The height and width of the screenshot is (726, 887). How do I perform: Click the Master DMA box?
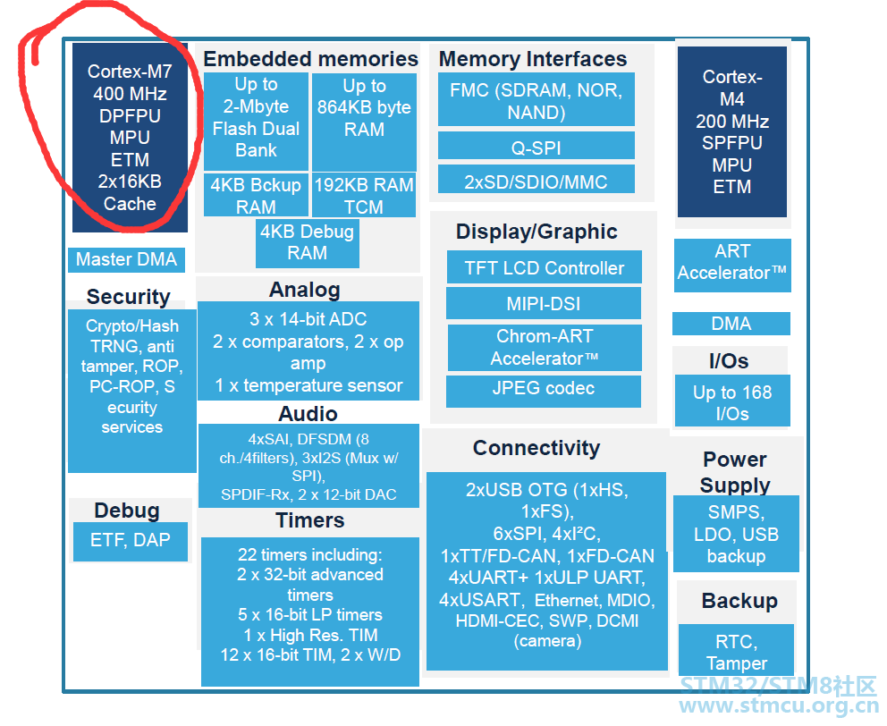click(126, 259)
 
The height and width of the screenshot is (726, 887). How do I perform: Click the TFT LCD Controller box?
click(545, 267)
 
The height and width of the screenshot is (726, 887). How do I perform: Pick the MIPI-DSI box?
click(544, 303)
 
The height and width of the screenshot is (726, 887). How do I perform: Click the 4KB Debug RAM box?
click(308, 243)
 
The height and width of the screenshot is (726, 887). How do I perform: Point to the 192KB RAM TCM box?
click(364, 195)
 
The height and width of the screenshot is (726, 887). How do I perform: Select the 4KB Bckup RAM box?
click(256, 195)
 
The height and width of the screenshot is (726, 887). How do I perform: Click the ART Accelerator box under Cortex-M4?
click(732, 265)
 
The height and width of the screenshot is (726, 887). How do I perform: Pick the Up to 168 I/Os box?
click(732, 401)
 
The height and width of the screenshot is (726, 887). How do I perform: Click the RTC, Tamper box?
click(736, 650)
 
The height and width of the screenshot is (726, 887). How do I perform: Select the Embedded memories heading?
click(310, 58)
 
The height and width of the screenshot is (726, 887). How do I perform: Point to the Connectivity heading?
click(536, 448)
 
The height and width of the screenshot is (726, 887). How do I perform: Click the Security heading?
click(129, 297)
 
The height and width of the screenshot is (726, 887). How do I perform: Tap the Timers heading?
click(310, 520)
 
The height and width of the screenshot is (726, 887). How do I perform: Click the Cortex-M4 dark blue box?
click(732, 131)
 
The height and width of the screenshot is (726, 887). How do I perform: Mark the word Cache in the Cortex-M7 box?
click(130, 204)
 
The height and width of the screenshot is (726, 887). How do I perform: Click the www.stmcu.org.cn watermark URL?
click(779, 705)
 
